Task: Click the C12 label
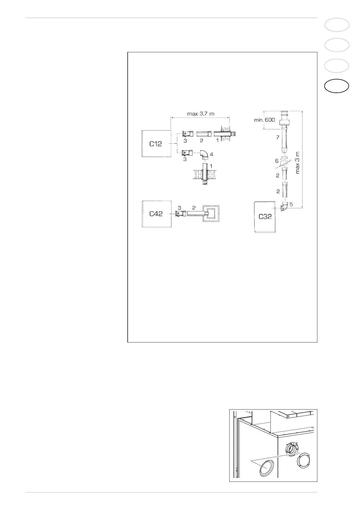coord(155,144)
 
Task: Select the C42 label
coord(156,214)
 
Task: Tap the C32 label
coord(265,217)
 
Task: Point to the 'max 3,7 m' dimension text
coord(201,114)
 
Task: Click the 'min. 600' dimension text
coord(264,120)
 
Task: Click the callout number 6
coord(277,161)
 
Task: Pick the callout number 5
coord(291,204)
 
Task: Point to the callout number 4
coord(211,154)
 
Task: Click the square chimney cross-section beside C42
coord(211,214)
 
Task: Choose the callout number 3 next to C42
coord(179,208)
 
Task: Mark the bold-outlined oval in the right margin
coord(337,86)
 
